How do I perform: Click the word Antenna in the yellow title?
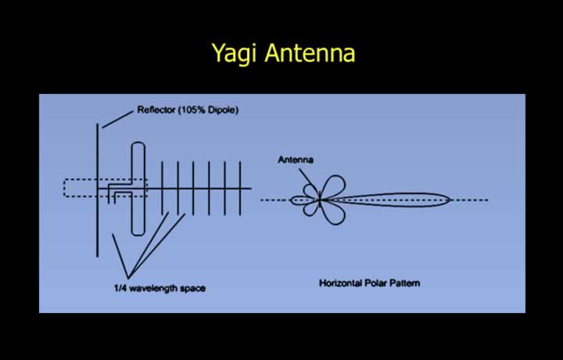click(310, 52)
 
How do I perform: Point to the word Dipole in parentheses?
click(224, 110)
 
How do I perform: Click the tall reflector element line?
click(97, 190)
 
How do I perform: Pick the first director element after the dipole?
click(163, 188)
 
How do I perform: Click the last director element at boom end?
click(240, 189)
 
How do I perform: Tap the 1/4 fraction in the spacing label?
click(120, 288)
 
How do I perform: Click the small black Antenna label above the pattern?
click(296, 160)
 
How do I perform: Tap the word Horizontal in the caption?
click(340, 283)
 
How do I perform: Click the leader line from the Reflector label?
click(117, 119)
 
